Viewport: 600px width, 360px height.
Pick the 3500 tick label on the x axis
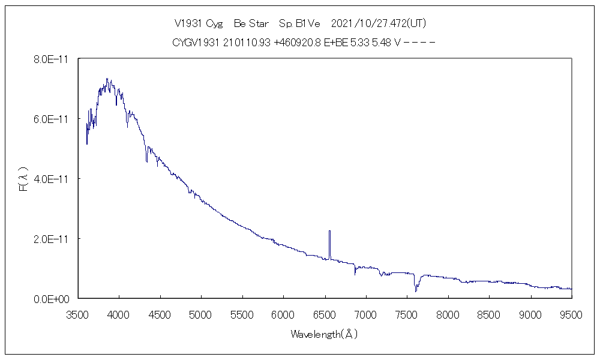77,314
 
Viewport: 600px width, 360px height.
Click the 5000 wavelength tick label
201,314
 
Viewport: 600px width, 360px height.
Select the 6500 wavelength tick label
325,314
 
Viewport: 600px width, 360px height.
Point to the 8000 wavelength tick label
448,314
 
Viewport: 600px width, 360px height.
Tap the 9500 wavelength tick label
571,314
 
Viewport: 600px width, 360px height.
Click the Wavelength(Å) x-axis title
324,334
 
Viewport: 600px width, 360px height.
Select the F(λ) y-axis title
23,179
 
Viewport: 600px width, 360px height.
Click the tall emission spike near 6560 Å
329,240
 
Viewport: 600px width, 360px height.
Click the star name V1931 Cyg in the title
198,24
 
